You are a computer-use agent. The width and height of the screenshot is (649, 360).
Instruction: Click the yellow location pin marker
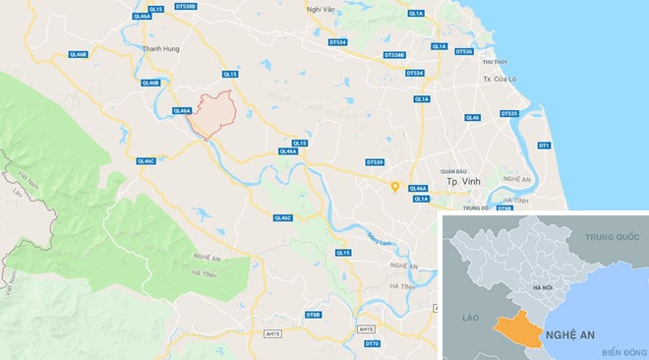coord(394,185)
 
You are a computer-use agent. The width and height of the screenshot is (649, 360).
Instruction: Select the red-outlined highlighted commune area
coord(212,115)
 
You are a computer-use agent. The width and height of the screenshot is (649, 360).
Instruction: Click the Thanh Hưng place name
coord(159,47)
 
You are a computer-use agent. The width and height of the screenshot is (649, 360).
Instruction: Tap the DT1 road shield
coord(544,146)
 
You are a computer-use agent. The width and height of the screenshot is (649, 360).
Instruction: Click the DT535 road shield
coord(509,113)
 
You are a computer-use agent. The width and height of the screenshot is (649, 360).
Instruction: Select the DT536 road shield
coord(462,51)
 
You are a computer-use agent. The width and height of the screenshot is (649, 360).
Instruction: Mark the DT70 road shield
coord(372,343)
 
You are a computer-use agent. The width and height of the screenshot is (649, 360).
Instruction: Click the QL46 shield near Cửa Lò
coord(473,117)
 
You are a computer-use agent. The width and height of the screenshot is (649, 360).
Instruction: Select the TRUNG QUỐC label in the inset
coord(613,238)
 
